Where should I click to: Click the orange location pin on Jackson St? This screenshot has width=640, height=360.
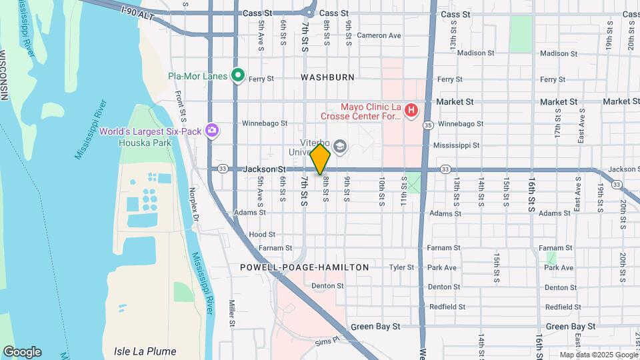(x=321, y=159)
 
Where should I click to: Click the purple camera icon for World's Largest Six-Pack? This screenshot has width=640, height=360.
(x=213, y=130)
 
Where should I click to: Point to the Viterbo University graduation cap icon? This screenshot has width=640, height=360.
(x=340, y=147)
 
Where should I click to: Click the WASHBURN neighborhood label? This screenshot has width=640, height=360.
(x=327, y=77)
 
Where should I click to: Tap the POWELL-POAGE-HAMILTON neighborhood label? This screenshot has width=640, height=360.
(x=305, y=267)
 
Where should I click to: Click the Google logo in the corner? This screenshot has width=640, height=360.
(x=22, y=352)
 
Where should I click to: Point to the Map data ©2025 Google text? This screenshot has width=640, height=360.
(x=597, y=355)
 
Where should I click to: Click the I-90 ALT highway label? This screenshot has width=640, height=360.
(x=138, y=13)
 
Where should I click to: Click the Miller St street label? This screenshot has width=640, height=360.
(x=233, y=313)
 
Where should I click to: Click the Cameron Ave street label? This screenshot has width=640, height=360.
(x=379, y=35)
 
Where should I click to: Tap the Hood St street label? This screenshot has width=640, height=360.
(x=261, y=235)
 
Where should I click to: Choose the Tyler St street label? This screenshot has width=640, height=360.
(x=401, y=267)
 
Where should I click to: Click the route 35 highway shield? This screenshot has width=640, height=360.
(x=428, y=125)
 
